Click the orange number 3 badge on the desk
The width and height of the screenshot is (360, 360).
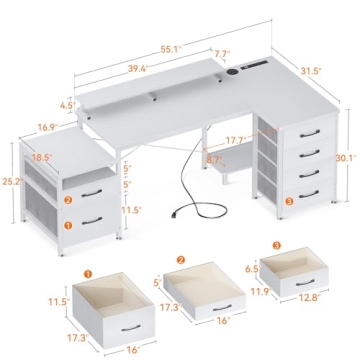point(289,203)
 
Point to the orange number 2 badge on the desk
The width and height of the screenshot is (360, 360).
point(67,198)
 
